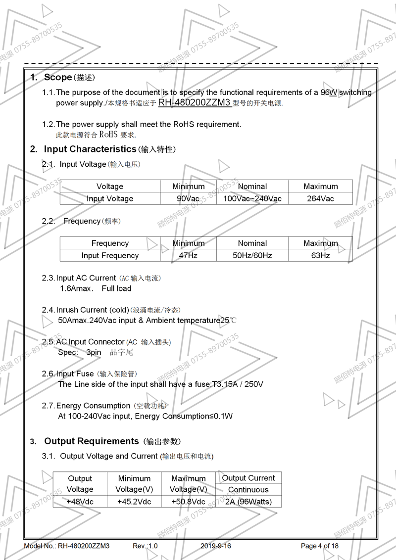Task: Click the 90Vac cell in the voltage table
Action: pyautogui.click(x=188, y=199)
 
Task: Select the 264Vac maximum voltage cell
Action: pyautogui.click(x=321, y=199)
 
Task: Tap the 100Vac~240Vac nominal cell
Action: pyautogui.click(x=252, y=199)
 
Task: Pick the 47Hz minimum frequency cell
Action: pyautogui.click(x=188, y=256)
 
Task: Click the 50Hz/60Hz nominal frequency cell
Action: pyautogui.click(x=252, y=256)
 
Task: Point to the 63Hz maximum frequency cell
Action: pyautogui.click(x=321, y=256)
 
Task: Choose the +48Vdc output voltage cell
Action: pyautogui.click(x=80, y=502)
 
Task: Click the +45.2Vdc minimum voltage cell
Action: pyautogui.click(x=134, y=502)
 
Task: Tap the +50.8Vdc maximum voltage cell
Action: pyautogui.click(x=188, y=502)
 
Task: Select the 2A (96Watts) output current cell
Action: pyautogui.click(x=248, y=502)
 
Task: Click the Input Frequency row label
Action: pyautogui.click(x=110, y=256)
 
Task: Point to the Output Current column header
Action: pyautogui.click(x=248, y=478)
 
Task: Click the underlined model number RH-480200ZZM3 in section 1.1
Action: pyautogui.click(x=194, y=103)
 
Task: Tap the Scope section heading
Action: pyautogui.click(x=58, y=77)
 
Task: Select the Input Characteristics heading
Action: pyautogui.click(x=90, y=149)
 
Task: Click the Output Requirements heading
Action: pyautogui.click(x=92, y=441)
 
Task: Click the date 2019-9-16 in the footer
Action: pyautogui.click(x=216, y=546)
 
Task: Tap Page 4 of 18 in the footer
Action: pyautogui.click(x=320, y=546)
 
